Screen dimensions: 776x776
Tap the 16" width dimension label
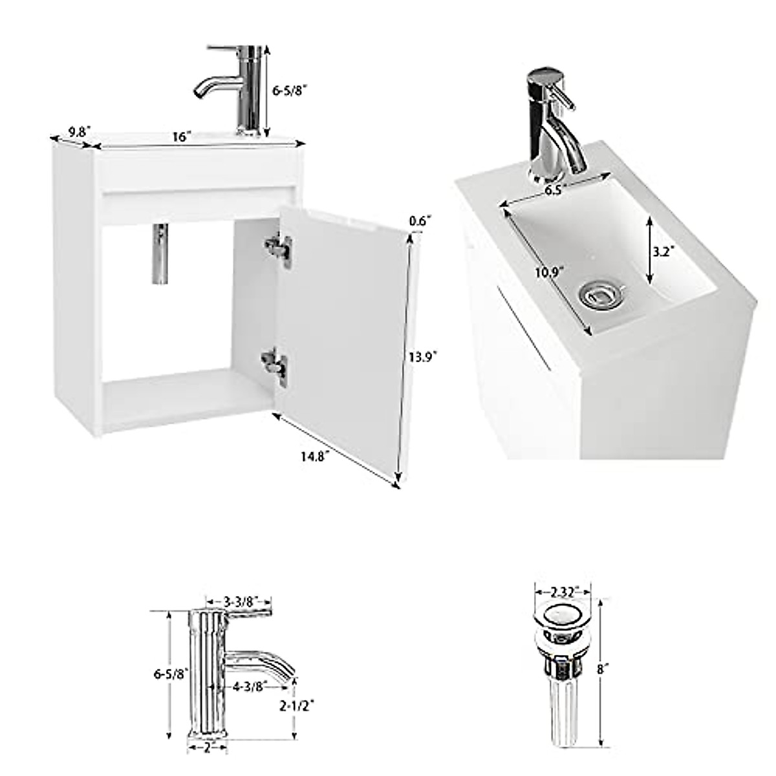click(182, 137)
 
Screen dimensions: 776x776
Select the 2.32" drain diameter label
click(563, 591)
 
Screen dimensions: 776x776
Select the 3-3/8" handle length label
click(237, 601)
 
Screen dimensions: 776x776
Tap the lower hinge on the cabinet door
click(275, 364)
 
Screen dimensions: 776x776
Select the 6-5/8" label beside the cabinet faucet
click(287, 91)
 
